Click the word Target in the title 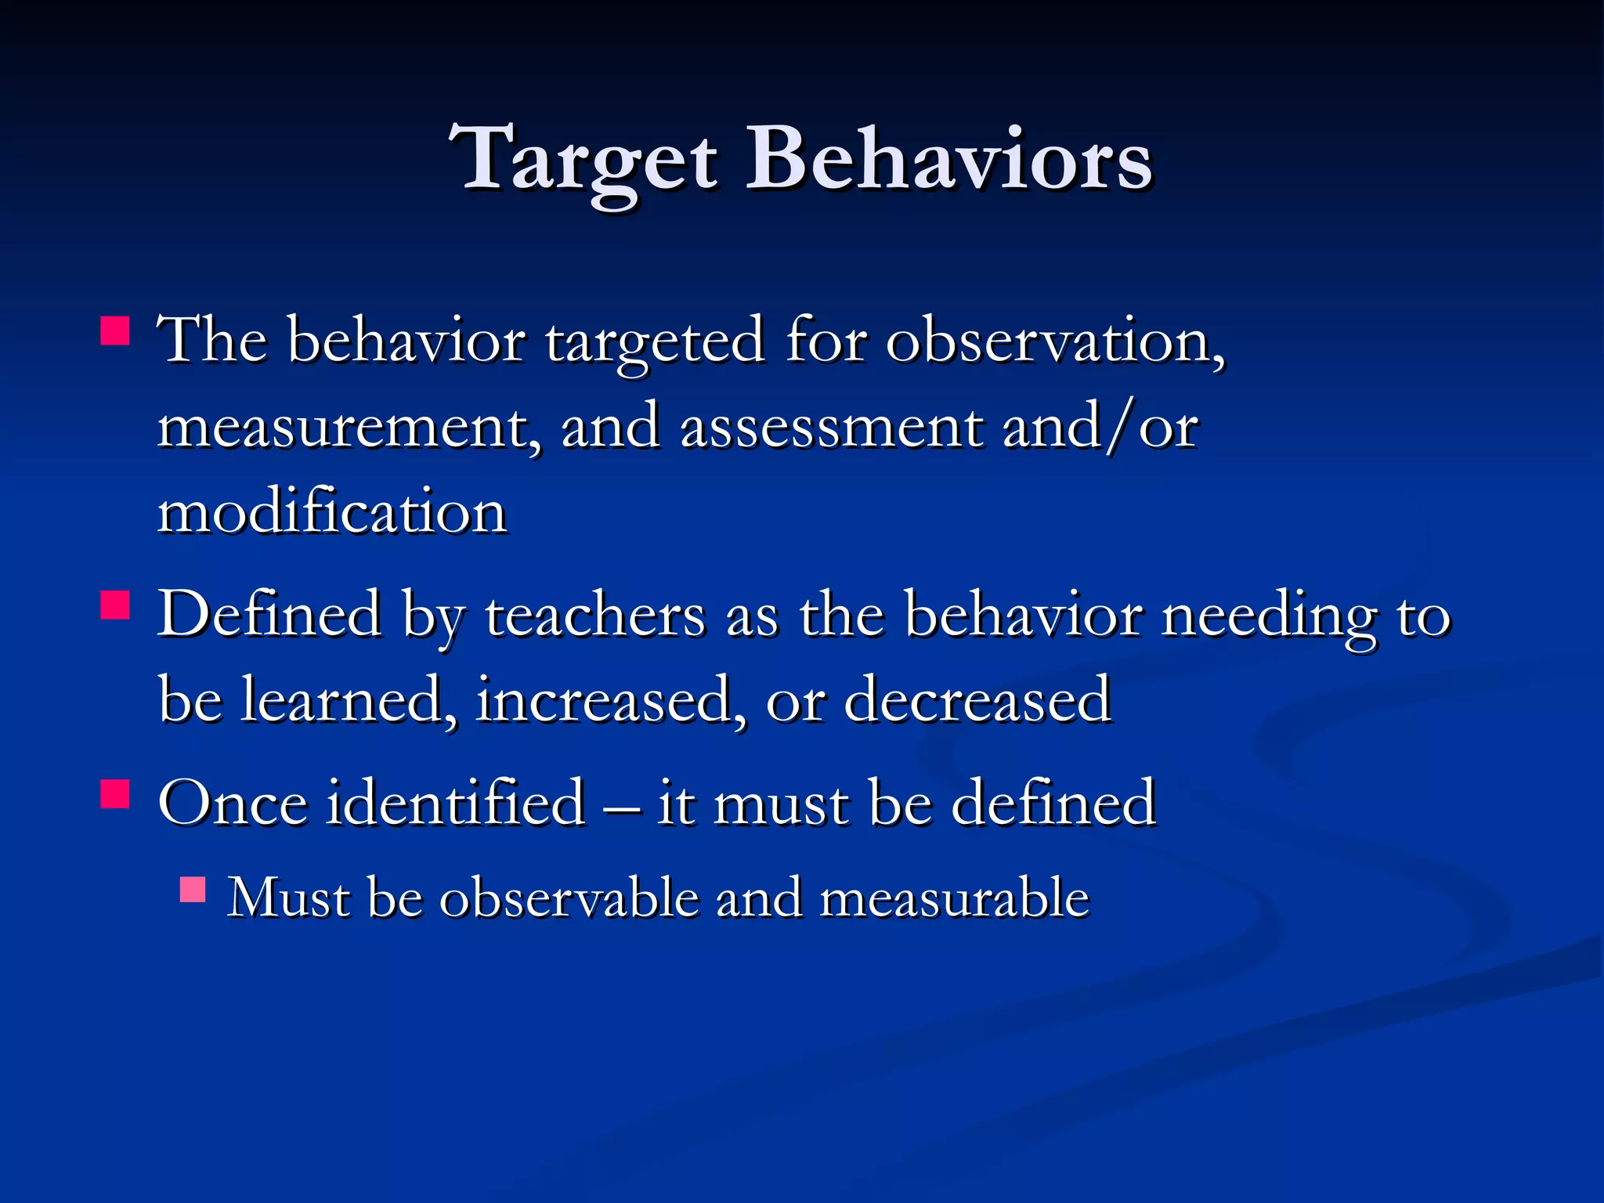click(x=583, y=161)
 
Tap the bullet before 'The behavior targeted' click(x=115, y=331)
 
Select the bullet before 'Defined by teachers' click(x=115, y=605)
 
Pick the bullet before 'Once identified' click(x=115, y=793)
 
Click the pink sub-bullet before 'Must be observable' click(x=192, y=891)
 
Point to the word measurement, click(x=349, y=428)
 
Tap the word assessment click(x=831, y=428)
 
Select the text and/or click(x=1100, y=428)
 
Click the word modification click(x=332, y=513)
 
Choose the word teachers click(x=595, y=616)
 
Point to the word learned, click(x=349, y=700)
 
